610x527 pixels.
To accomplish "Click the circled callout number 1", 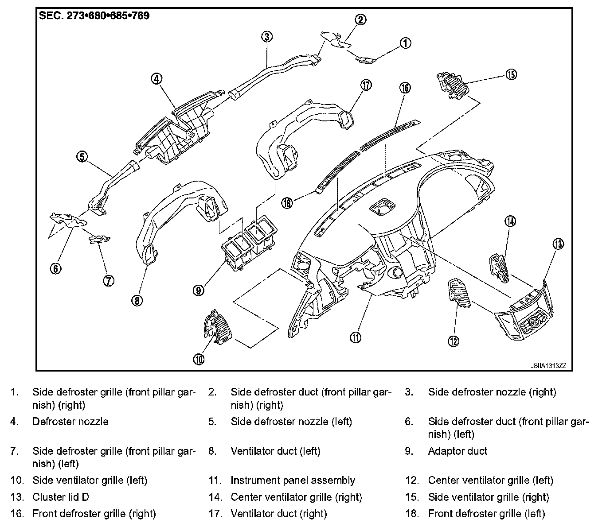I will pyautogui.click(x=405, y=43).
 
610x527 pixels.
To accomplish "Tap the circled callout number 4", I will pyautogui.click(x=156, y=79).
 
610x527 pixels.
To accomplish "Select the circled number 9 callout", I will pyautogui.click(x=199, y=290).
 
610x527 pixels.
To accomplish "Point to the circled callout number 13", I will pyautogui.click(x=557, y=243).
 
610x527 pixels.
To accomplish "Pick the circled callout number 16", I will pyautogui.click(x=405, y=88).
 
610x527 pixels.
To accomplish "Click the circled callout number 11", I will pyautogui.click(x=356, y=337).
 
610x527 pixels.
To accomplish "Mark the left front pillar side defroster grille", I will pyautogui.click(x=100, y=240).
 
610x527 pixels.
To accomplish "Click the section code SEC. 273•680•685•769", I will pyautogui.click(x=94, y=16).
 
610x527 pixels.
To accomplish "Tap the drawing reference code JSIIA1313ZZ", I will pyautogui.click(x=548, y=366).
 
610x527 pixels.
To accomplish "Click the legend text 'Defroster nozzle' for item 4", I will pyautogui.click(x=70, y=421).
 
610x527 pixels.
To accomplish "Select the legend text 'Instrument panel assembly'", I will pyautogui.click(x=293, y=480).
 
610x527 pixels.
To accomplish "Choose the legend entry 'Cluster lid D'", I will pyautogui.click(x=61, y=497).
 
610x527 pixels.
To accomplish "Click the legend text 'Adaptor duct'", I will pyautogui.click(x=457, y=451).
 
